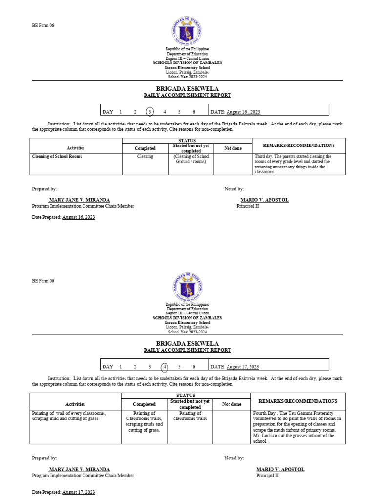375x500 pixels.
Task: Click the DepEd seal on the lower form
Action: (x=187, y=287)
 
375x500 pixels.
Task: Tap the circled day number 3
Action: (x=150, y=112)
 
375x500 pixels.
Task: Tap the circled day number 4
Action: (x=165, y=366)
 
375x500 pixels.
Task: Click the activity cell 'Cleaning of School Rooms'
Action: (x=57, y=157)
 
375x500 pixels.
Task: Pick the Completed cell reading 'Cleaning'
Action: (x=145, y=157)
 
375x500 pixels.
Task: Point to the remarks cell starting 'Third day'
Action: (x=292, y=165)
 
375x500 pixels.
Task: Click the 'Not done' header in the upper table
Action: (x=233, y=148)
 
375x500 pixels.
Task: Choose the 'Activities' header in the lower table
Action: (x=75, y=404)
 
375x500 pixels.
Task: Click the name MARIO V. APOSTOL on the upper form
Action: (x=257, y=200)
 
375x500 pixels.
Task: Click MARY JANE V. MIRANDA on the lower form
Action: (x=79, y=469)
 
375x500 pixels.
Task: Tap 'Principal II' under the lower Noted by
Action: (x=268, y=476)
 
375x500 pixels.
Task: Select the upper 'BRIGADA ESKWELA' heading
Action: (x=187, y=88)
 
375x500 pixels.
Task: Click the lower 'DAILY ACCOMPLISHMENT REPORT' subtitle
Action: (x=187, y=350)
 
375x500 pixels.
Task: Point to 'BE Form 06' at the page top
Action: (x=43, y=26)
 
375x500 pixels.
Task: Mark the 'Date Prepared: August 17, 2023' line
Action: (x=63, y=492)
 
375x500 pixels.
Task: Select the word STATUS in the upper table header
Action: (x=187, y=141)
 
